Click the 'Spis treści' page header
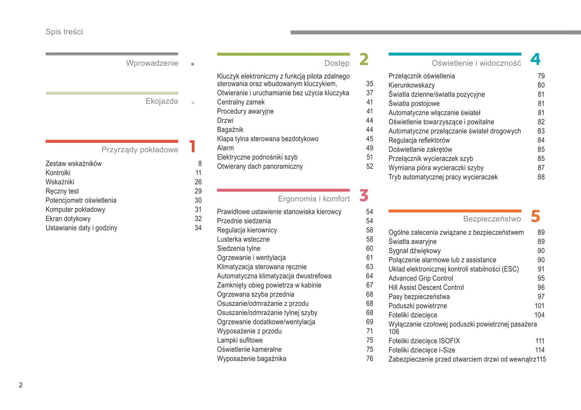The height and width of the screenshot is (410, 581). coord(64,32)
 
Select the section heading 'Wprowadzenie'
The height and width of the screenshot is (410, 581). coord(152,63)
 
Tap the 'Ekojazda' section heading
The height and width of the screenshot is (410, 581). coord(162,101)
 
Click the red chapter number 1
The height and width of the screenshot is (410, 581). coord(193,146)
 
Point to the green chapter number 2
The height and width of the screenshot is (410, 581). coord(364,60)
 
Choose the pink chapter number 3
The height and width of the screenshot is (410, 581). coord(364,196)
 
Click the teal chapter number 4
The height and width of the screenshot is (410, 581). coord(535,60)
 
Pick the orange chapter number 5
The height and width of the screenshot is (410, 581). coord(535,216)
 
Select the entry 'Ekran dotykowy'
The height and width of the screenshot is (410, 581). coord(68,219)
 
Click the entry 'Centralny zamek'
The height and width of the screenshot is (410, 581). coord(241,102)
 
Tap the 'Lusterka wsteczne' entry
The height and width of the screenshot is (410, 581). coord(243,239)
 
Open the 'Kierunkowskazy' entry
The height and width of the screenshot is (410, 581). coord(411,85)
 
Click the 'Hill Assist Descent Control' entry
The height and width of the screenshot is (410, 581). coord(426,288)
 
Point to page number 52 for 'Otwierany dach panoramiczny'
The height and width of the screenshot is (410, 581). coord(370,167)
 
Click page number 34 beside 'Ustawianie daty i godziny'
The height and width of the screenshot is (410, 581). coord(198,228)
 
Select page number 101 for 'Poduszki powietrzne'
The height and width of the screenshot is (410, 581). coord(539,306)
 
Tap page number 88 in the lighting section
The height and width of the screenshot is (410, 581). coord(541,177)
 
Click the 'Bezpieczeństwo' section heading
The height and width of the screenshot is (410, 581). coord(492,219)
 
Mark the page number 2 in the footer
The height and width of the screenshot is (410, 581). coord(21,385)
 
